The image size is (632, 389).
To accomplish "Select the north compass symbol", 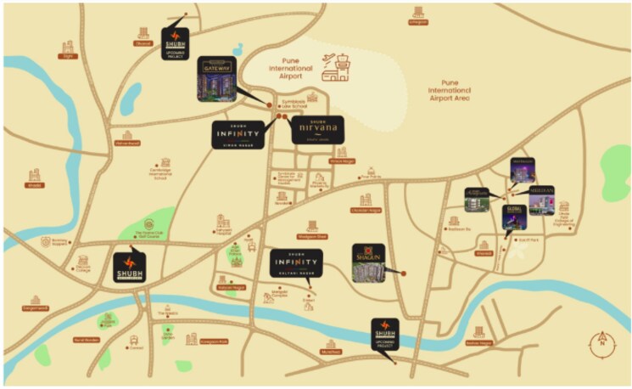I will click(601, 342).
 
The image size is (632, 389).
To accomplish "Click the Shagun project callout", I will click(369, 262).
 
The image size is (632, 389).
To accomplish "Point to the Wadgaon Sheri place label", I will click(312, 237).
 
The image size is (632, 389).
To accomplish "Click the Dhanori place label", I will click(143, 43).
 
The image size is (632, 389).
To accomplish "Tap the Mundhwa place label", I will click(330, 351).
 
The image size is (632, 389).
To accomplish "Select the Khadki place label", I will click(35, 184).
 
